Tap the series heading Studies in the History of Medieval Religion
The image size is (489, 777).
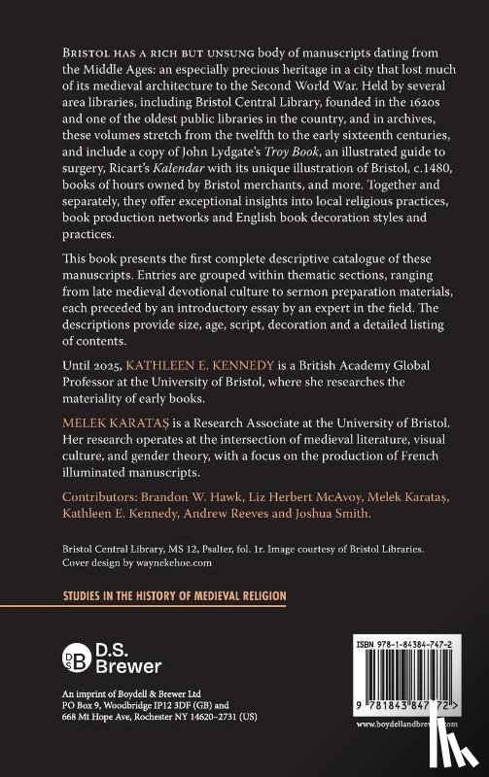[x=168, y=623]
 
